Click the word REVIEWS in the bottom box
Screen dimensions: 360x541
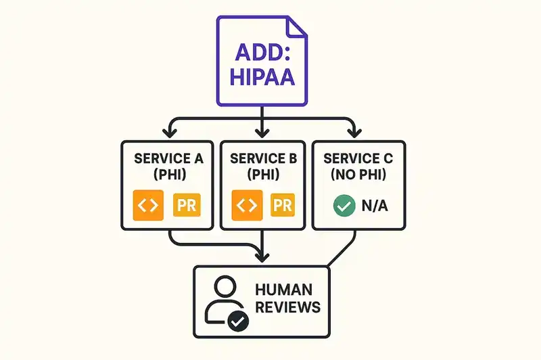click(287, 307)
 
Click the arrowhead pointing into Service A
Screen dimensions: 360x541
click(170, 133)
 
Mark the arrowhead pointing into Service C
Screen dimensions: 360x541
click(352, 133)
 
